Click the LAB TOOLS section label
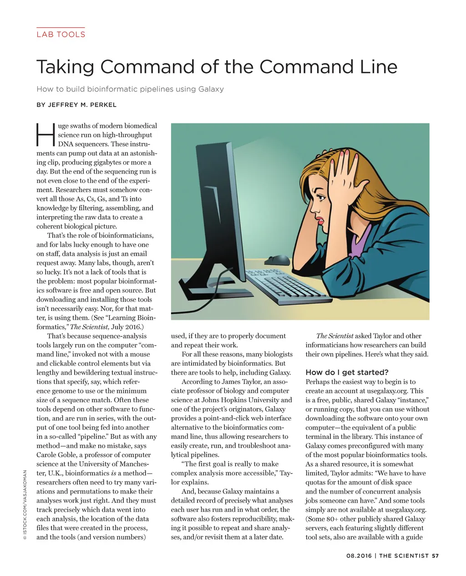[61, 34]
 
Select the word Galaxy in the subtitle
[211, 89]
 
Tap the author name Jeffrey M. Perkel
[76, 105]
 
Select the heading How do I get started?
[347, 372]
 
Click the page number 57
[435, 556]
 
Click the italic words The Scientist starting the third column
[334, 336]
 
